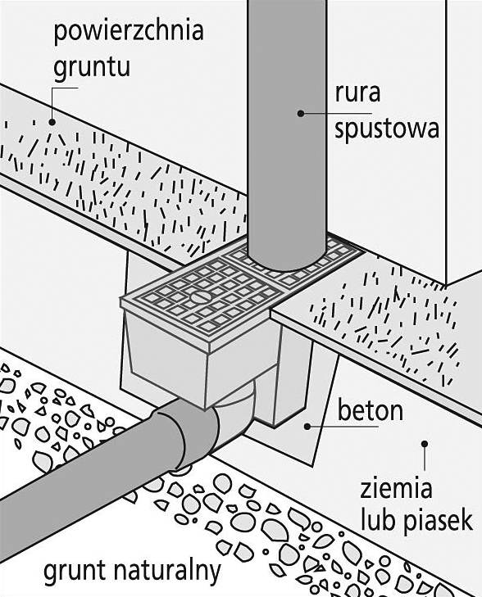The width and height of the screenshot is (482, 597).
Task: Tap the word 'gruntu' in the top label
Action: pos(92,68)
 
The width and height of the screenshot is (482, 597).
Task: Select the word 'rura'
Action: pos(357,93)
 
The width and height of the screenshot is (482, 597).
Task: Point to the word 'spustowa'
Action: pos(387,129)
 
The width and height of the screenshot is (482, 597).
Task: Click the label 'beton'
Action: pos(371,410)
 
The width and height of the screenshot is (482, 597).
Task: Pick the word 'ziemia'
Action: pos(396,488)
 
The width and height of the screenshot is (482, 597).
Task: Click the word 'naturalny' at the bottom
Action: pos(167,571)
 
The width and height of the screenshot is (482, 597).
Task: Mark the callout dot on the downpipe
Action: pos(301,113)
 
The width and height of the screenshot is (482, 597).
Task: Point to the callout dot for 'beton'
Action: pos(307,427)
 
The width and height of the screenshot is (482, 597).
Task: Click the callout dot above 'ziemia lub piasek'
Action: pos(425,444)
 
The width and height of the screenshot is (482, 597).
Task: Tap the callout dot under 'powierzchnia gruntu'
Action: pos(52,122)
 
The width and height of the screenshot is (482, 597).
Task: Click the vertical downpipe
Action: pos(287,133)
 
